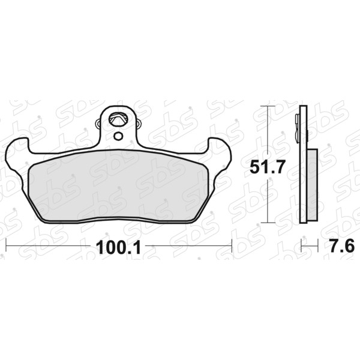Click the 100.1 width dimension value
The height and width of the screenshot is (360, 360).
pyautogui.click(x=118, y=248)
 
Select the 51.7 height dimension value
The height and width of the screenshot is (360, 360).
pyautogui.click(x=267, y=167)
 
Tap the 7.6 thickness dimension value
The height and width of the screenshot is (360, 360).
pyautogui.click(x=342, y=246)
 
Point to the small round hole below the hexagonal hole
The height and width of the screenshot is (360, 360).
pyautogui.click(x=118, y=137)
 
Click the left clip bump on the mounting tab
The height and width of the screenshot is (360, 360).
pyautogui.click(x=98, y=124)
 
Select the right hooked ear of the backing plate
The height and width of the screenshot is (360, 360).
pyautogui.click(x=220, y=149)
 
